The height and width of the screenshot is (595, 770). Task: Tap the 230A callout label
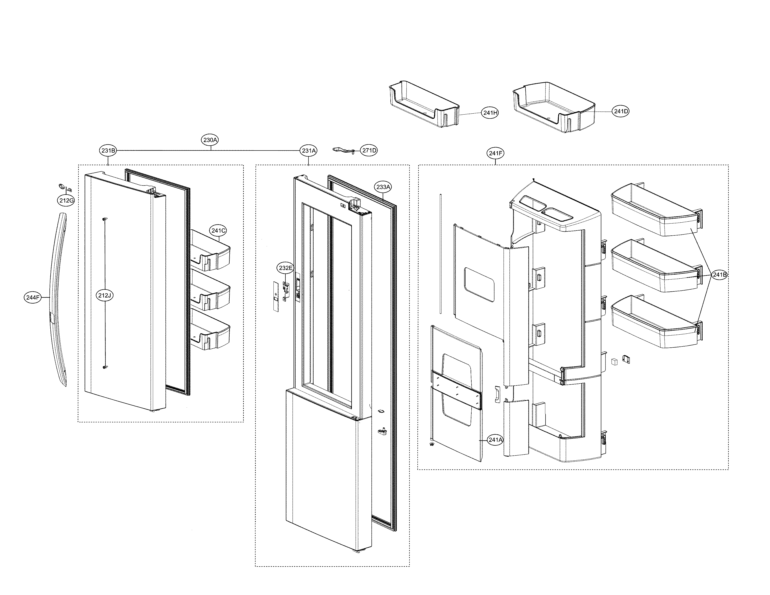tap(210, 140)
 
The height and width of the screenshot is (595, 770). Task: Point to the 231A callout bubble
tap(308, 151)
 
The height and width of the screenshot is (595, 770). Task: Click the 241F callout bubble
tap(495, 153)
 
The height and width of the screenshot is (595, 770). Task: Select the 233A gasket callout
tap(383, 187)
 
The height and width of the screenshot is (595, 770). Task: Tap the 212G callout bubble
tap(66, 201)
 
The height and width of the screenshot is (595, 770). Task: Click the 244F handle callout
tap(33, 297)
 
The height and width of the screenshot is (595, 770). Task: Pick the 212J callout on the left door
tap(105, 295)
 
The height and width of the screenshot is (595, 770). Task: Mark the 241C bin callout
tap(218, 231)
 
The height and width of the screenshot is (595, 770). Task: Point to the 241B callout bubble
tap(719, 275)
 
